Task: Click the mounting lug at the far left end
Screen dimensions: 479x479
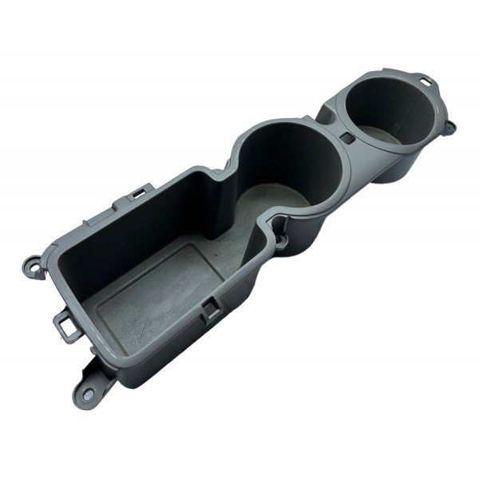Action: click(x=33, y=266)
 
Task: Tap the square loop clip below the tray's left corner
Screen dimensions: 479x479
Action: click(x=66, y=325)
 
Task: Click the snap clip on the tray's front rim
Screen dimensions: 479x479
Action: click(x=210, y=308)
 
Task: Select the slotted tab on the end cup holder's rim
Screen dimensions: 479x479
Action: click(x=426, y=80)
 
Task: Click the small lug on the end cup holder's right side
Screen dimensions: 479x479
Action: click(x=449, y=125)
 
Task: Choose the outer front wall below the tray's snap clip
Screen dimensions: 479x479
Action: click(x=224, y=335)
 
